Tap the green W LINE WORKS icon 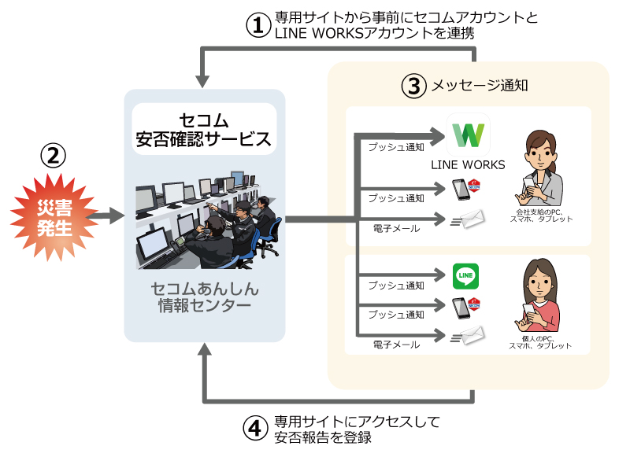pyautogui.click(x=469, y=135)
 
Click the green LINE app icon pyautogui.click(x=466, y=275)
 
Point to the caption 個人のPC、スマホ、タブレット pyautogui.click(x=540, y=341)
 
